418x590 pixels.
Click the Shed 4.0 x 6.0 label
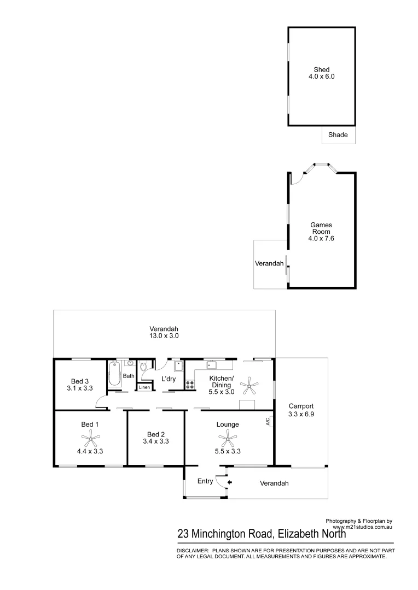click(321, 73)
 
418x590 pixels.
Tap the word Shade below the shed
click(338, 135)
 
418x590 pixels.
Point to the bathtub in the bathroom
click(115, 374)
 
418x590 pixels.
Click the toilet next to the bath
click(143, 370)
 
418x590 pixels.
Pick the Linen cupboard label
click(144, 387)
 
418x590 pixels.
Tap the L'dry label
click(167, 379)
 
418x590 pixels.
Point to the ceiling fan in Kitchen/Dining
click(250, 386)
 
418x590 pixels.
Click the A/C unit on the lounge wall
click(268, 421)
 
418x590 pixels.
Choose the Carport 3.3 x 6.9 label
click(301, 410)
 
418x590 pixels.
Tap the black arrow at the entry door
click(229, 482)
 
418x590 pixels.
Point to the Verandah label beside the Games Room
click(269, 263)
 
